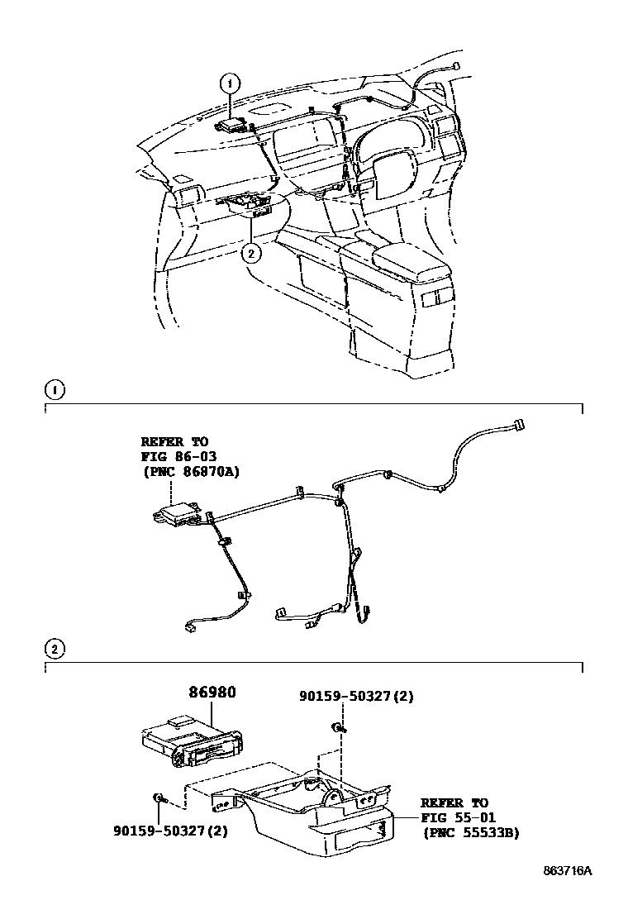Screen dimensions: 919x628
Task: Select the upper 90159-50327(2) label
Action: click(x=356, y=697)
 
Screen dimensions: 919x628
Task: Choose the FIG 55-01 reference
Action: click(x=454, y=818)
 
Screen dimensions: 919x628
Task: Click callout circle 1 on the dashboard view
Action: click(x=230, y=83)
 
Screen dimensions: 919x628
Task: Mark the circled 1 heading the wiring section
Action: click(x=54, y=388)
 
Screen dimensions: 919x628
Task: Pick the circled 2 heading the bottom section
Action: click(x=54, y=649)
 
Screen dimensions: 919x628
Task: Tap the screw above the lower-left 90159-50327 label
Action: click(x=158, y=798)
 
